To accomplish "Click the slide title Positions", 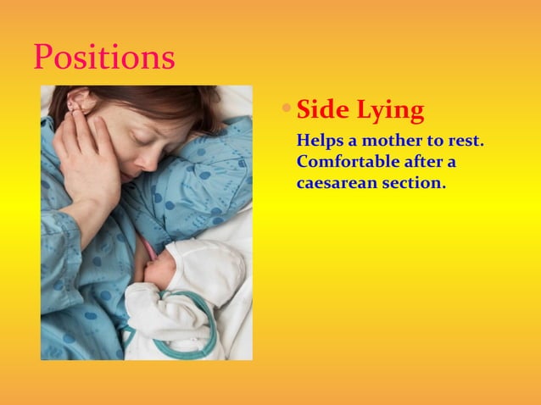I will [x=104, y=57].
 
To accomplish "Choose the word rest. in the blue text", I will [x=465, y=140].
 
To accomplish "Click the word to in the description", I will [x=437, y=140].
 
